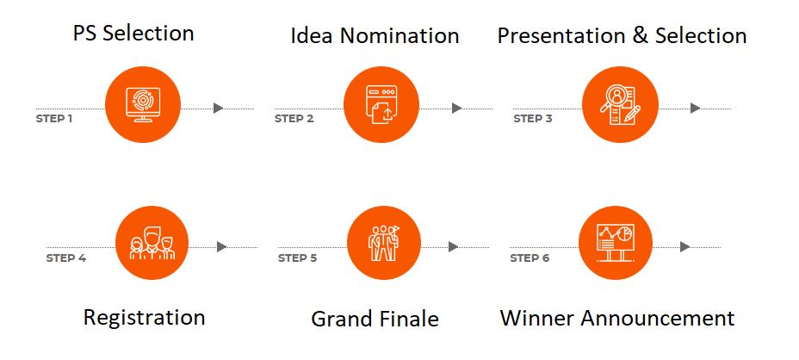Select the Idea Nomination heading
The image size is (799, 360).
(x=375, y=36)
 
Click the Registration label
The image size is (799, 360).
(x=144, y=317)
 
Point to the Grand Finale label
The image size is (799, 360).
(x=375, y=320)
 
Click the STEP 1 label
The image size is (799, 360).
(x=53, y=118)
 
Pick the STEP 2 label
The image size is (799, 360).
(x=294, y=118)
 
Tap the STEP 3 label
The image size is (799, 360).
(x=533, y=118)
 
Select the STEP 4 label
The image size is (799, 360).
(x=66, y=258)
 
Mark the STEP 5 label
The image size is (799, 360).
(x=297, y=258)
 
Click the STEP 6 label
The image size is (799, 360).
(x=530, y=258)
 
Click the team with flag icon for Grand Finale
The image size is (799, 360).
(x=383, y=243)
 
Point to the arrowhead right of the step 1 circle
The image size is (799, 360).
(x=219, y=108)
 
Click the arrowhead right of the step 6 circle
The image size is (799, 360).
(x=684, y=246)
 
